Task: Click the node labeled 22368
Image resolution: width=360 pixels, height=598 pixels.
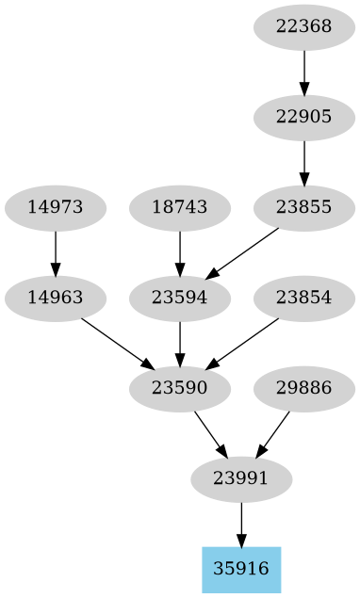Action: [304, 26]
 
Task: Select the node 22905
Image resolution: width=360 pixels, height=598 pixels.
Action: [304, 117]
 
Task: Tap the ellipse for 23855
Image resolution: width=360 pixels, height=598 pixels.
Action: [304, 207]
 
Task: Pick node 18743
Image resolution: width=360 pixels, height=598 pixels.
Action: [179, 207]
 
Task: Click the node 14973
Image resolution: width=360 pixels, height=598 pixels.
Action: [56, 207]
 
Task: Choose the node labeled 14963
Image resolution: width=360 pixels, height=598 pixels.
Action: [56, 298]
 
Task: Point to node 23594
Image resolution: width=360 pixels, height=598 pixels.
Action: [179, 298]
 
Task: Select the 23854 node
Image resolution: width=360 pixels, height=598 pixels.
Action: [304, 298]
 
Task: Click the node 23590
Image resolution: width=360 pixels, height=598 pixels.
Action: [179, 388]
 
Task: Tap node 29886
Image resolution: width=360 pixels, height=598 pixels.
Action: [304, 388]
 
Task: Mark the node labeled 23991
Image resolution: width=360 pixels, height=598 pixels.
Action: [241, 478]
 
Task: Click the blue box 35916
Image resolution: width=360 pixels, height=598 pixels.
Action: [241, 569]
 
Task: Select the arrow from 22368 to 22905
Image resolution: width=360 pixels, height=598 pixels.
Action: [304, 72]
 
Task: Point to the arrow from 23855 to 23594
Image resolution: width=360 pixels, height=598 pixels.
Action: [242, 252]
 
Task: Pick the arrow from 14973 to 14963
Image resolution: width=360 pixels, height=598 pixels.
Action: [56, 252]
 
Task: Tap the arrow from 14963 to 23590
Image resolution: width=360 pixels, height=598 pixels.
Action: [117, 343]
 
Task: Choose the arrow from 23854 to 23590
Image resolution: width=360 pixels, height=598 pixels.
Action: [242, 343]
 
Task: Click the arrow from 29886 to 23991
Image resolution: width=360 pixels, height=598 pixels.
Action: [273, 433]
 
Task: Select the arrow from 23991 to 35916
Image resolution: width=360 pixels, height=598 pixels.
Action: [241, 524]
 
